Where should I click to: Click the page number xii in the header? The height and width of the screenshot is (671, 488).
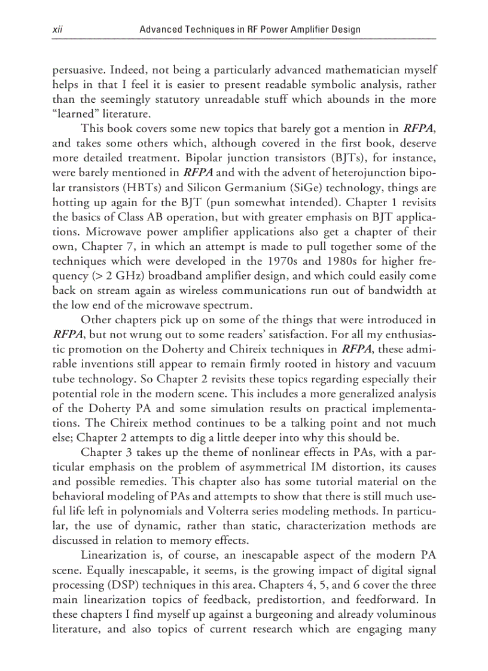(x=57, y=29)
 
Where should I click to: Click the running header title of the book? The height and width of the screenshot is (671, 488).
(x=249, y=29)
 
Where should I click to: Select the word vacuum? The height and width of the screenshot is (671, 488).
(x=419, y=364)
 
